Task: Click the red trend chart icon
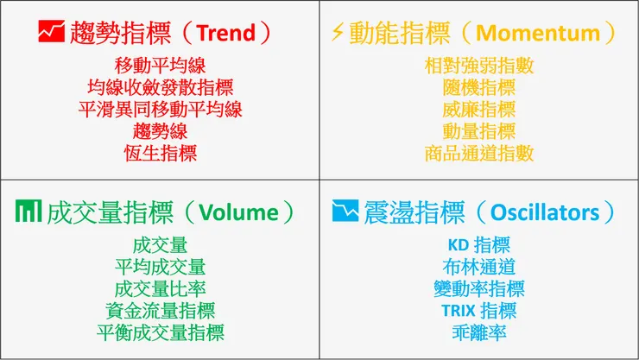[x=50, y=33]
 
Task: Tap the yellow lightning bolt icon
[x=338, y=33]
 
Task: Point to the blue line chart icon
[x=345, y=212]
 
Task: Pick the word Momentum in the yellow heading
[x=537, y=34]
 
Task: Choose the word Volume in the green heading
[x=239, y=212]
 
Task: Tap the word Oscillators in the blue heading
[x=544, y=212]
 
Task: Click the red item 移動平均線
[x=160, y=65]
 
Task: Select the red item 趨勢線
[x=160, y=131]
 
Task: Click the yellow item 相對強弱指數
[x=479, y=65]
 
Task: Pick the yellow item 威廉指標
[x=479, y=109]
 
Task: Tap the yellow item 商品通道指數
[x=479, y=154]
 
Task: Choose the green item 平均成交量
[x=160, y=266]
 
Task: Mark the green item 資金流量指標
[x=160, y=310]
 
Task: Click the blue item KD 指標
[x=479, y=244]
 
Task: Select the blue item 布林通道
[x=479, y=266]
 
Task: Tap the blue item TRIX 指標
[x=479, y=310]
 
